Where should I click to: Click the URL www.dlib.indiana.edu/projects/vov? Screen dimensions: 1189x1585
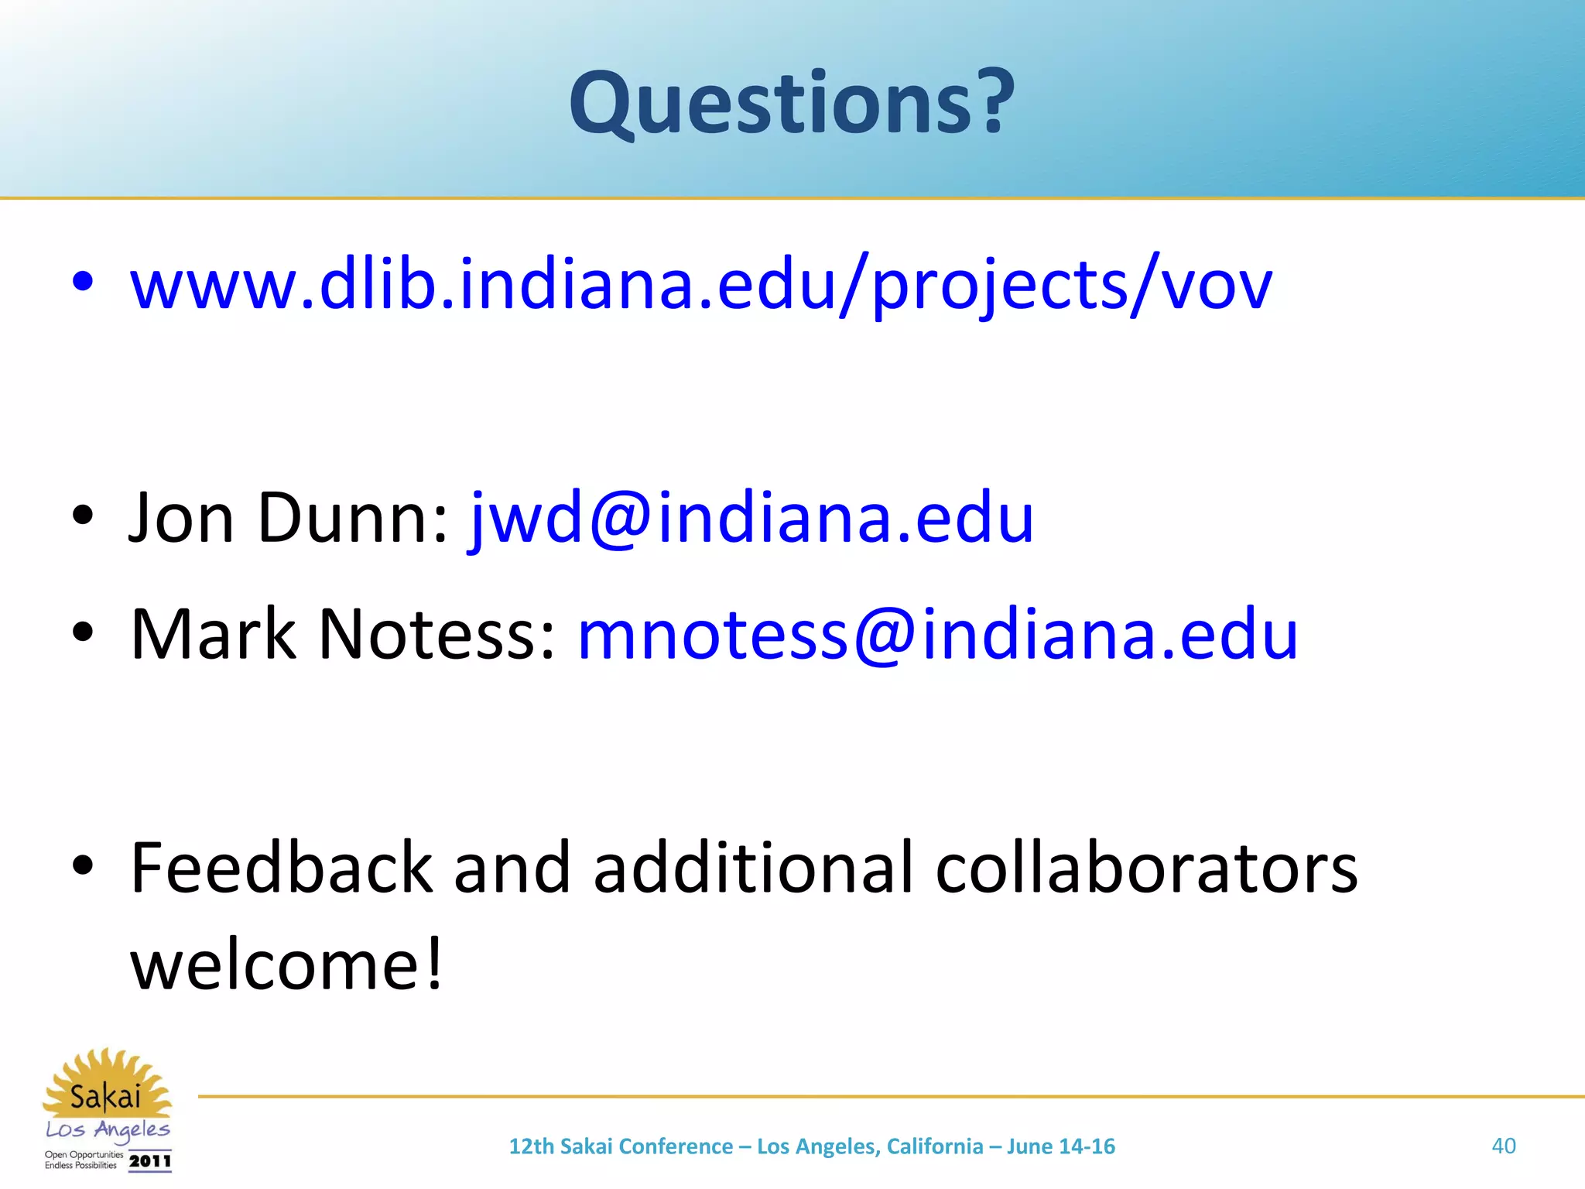[700, 285]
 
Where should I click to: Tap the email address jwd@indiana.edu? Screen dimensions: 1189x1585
[751, 517]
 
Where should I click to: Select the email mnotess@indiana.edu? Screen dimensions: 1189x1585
[937, 634]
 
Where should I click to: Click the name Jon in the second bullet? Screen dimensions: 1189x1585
[182, 517]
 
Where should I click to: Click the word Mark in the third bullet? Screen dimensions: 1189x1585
[214, 634]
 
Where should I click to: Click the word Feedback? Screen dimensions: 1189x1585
[281, 868]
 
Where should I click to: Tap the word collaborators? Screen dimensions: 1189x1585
[1146, 868]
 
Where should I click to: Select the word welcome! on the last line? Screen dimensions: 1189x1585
[287, 965]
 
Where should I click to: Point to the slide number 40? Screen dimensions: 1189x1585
[1503, 1146]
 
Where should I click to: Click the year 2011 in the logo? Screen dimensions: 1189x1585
[149, 1161]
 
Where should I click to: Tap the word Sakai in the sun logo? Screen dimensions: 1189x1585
[105, 1097]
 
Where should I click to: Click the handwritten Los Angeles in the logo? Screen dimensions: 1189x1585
[108, 1130]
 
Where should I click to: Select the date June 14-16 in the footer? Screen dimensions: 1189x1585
[1060, 1146]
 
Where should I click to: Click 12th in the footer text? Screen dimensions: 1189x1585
[532, 1146]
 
